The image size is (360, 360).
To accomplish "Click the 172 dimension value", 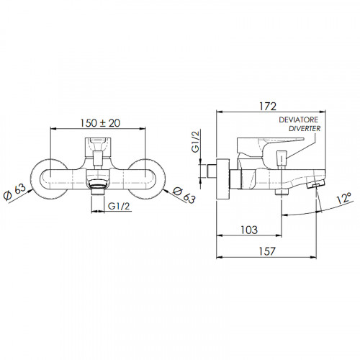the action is coord(268,107).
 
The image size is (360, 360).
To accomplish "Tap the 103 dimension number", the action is coord(249,230).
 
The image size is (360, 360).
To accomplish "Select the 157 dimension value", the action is coord(267,251).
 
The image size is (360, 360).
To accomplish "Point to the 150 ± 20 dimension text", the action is coord(100,123).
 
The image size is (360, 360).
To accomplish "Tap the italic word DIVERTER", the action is coord(305,129).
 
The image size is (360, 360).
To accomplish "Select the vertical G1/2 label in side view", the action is coord(196,141).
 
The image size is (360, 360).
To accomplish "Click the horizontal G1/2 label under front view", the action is coord(119,206).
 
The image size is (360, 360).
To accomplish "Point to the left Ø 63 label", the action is coord(15,193).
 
